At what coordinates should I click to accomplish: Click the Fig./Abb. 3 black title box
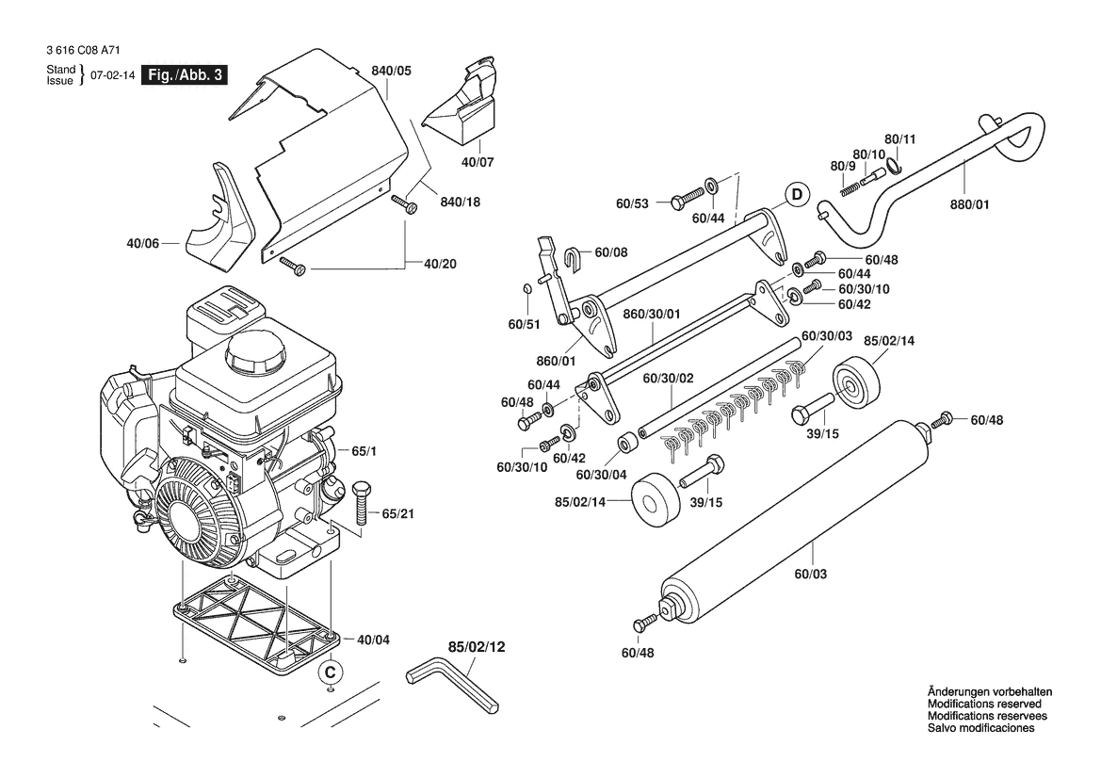point(185,74)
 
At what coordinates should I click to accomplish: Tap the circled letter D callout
point(796,194)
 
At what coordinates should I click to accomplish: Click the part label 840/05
point(391,71)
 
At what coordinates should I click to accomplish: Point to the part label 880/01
point(969,204)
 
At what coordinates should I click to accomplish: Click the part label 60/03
point(810,574)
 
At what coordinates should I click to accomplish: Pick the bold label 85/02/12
point(477,647)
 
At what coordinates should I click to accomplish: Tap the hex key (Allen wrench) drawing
point(451,684)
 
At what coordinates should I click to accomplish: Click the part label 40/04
point(373,640)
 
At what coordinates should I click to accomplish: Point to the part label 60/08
point(611,252)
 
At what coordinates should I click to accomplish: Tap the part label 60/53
point(632,203)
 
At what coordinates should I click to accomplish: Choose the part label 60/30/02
point(668,379)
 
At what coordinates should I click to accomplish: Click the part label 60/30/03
point(826,335)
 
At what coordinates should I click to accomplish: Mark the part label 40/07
point(478,162)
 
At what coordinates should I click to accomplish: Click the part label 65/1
point(364,451)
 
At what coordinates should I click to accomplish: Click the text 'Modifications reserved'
point(983,704)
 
